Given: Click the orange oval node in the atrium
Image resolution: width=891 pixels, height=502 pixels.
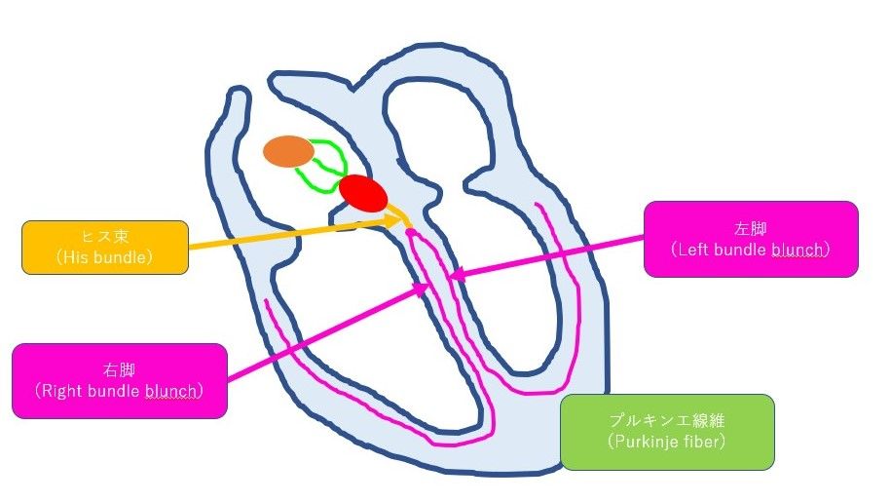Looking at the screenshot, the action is click(288, 151).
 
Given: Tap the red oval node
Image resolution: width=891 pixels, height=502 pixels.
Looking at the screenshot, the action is click(363, 194).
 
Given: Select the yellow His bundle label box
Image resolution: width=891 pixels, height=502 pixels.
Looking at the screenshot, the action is click(105, 248).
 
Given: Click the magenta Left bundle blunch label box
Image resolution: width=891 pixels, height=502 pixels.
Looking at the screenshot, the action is click(751, 239).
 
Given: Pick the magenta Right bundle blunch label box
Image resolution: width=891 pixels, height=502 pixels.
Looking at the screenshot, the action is click(120, 381).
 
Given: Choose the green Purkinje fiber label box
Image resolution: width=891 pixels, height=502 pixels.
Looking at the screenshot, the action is click(667, 432).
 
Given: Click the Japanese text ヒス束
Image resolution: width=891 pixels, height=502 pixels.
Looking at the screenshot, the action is click(105, 237).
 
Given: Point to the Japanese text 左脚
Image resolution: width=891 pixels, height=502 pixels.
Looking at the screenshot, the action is click(751, 229).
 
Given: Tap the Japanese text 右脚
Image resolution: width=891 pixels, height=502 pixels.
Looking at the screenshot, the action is click(120, 370).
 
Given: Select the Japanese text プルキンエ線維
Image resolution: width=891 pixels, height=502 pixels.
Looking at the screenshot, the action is click(667, 421).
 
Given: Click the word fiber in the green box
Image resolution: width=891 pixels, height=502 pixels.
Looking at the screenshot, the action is click(700, 442).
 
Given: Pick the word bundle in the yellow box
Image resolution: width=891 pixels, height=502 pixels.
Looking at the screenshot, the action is click(116, 257).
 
